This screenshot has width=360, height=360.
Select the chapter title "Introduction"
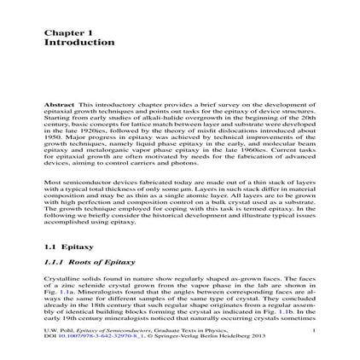(79, 41)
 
